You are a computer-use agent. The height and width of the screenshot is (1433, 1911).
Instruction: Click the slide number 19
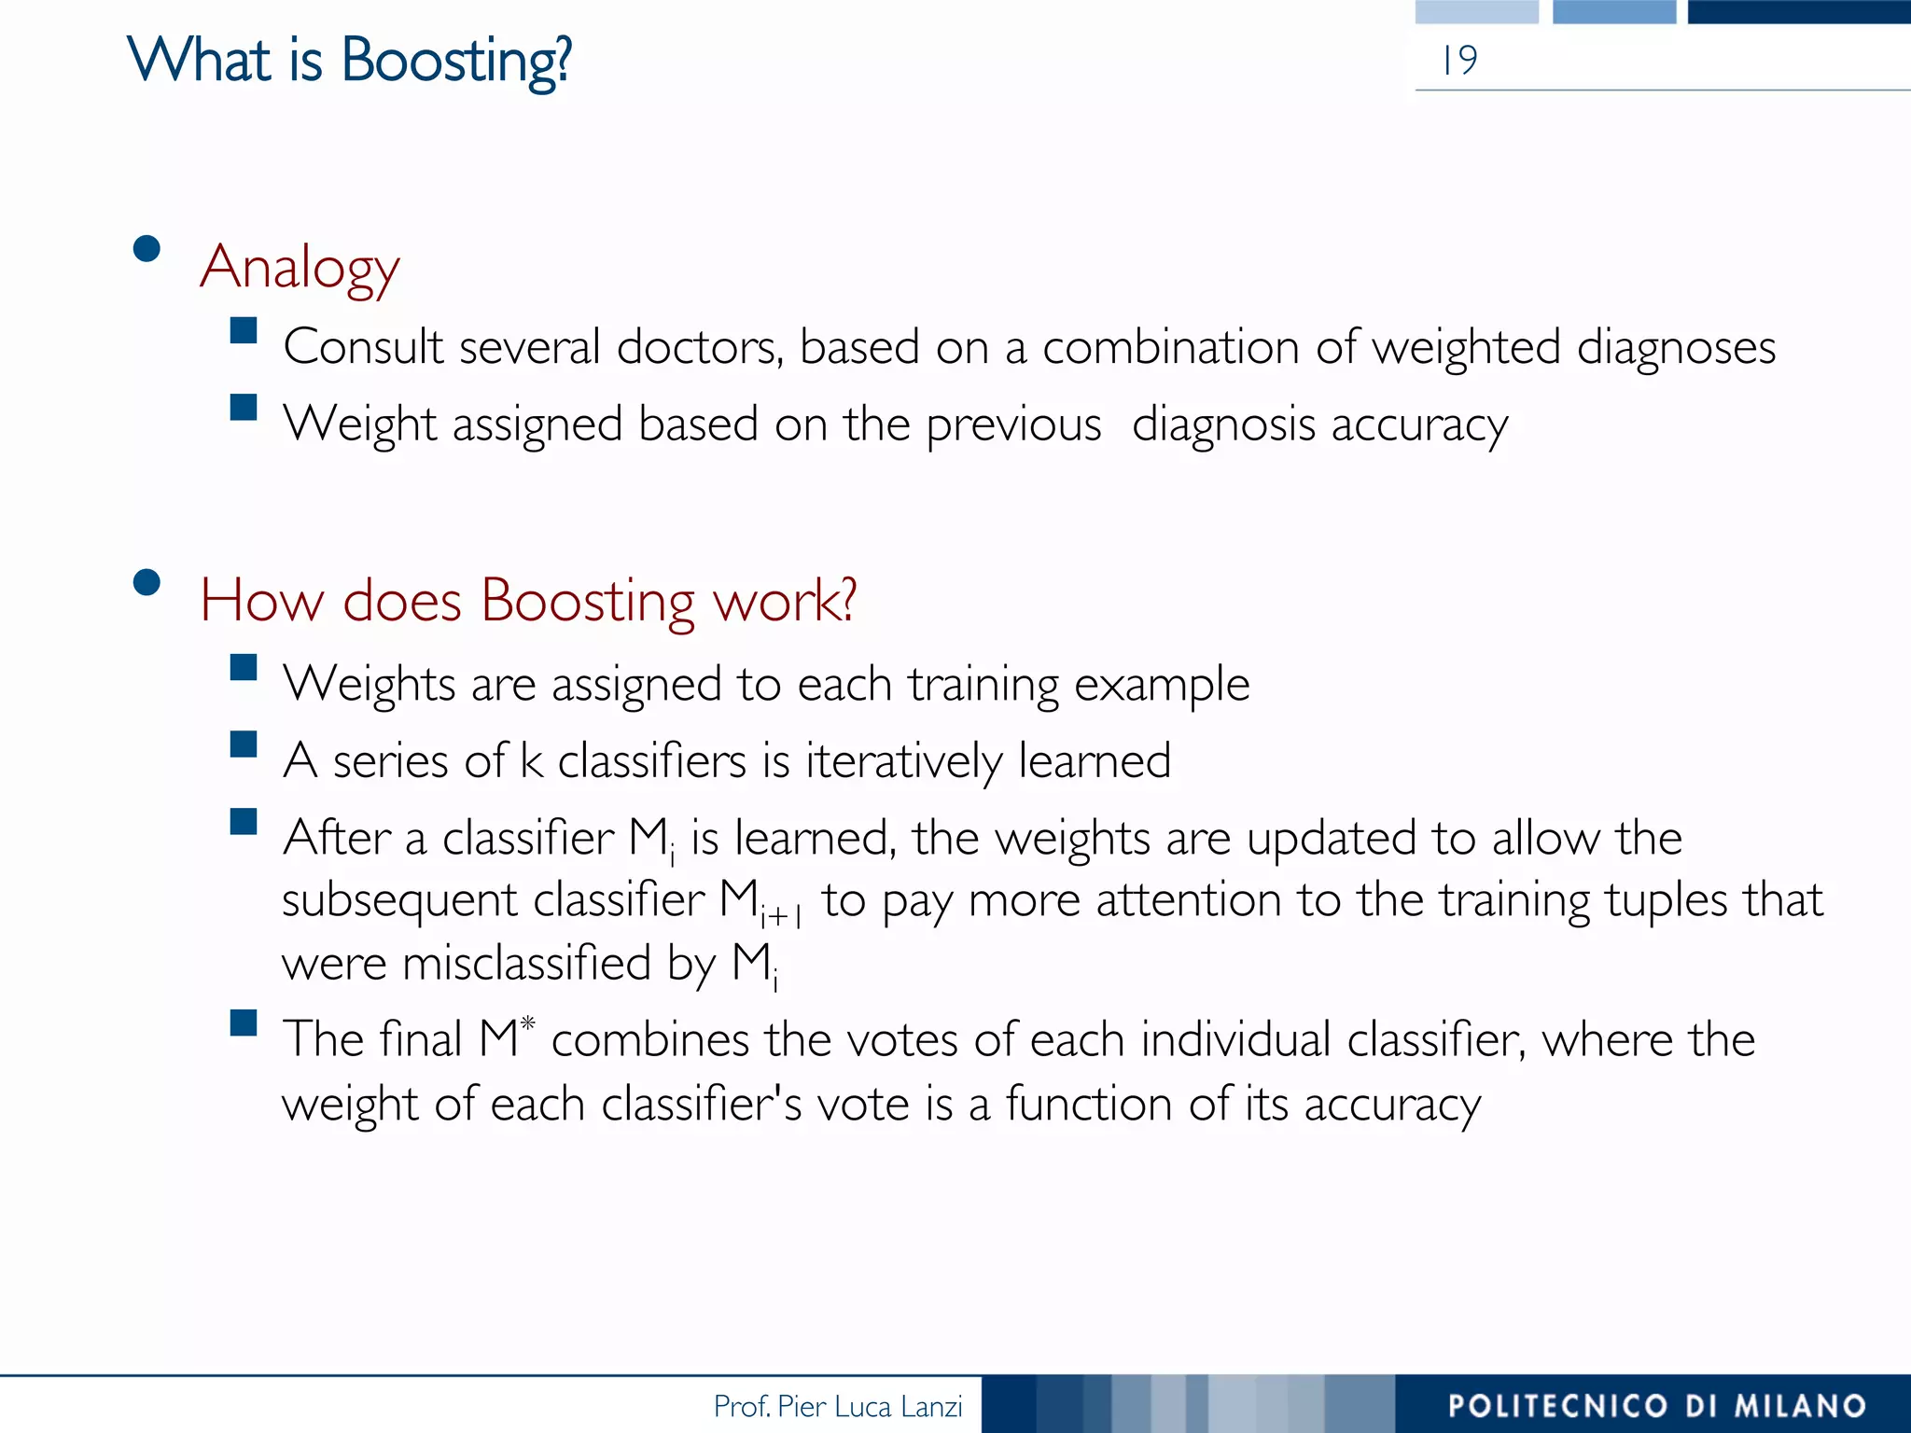point(1459,61)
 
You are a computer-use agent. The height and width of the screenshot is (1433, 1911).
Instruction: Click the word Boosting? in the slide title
point(455,62)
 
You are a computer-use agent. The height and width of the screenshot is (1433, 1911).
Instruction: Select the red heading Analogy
point(300,269)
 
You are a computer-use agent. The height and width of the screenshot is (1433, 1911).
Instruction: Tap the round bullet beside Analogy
point(146,249)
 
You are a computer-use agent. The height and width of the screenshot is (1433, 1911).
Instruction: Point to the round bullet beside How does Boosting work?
point(146,583)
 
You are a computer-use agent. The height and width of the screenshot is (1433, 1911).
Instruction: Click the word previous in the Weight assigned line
point(1013,425)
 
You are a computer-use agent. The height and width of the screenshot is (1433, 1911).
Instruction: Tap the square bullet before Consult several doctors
point(244,331)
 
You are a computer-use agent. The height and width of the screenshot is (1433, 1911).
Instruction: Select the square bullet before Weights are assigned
point(244,668)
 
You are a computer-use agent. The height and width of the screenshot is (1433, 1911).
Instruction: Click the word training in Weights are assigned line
point(983,686)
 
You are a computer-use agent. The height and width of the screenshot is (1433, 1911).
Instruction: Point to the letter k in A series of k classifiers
point(531,760)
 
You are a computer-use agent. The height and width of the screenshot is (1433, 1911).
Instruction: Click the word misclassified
point(526,963)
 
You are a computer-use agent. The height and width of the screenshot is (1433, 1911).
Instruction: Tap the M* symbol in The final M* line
point(507,1037)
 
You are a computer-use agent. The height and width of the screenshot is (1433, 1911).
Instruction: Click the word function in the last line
point(1088,1105)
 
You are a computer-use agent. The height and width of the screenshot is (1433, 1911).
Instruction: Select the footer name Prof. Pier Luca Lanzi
point(837,1406)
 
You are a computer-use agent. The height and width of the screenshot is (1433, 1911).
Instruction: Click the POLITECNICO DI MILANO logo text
point(1656,1406)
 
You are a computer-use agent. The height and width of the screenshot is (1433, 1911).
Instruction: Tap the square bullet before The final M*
point(244,1023)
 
